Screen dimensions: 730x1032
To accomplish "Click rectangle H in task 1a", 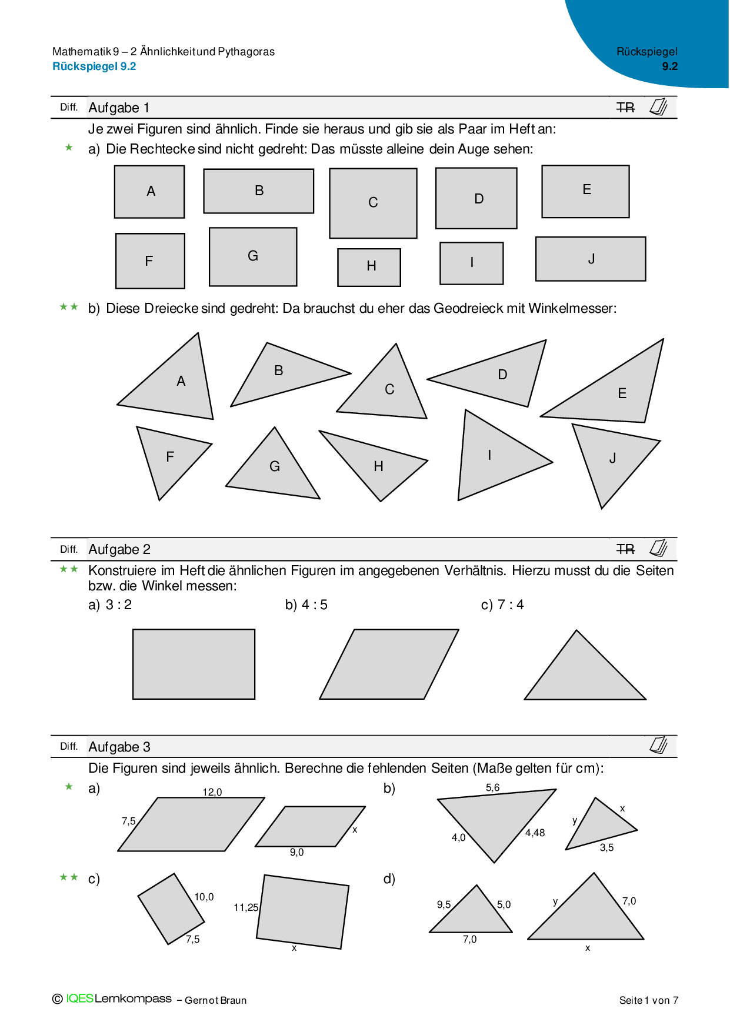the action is [369, 268].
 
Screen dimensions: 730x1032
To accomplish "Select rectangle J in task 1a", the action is [591, 259].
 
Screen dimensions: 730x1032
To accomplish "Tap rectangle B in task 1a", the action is [258, 191].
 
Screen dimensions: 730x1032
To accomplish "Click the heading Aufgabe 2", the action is [119, 549].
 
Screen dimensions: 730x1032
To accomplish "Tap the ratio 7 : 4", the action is [511, 604].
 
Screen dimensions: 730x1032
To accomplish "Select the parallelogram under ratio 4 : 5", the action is [389, 664].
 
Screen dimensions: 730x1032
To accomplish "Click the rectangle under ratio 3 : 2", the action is [194, 664].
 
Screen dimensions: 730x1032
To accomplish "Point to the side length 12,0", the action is [212, 792].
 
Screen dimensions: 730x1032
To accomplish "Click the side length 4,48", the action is [535, 833].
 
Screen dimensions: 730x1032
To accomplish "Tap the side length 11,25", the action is [246, 907].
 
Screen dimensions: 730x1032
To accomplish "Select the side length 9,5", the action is [444, 904].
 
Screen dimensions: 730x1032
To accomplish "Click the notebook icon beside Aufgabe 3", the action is [659, 745].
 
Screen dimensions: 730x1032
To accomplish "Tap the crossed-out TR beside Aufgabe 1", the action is [626, 108].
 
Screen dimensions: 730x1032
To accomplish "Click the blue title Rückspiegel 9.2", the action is [94, 66].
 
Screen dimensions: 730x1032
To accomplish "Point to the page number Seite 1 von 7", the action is [649, 1000].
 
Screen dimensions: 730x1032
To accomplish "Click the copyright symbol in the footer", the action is [58, 999].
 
